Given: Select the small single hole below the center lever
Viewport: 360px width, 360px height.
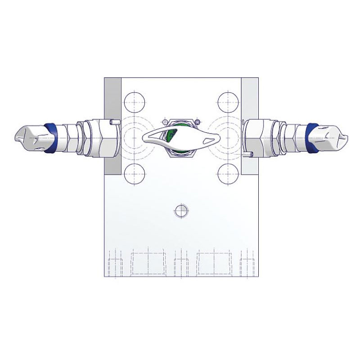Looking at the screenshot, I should (x=180, y=210).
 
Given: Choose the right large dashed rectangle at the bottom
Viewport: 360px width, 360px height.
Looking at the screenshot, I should (x=212, y=263).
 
